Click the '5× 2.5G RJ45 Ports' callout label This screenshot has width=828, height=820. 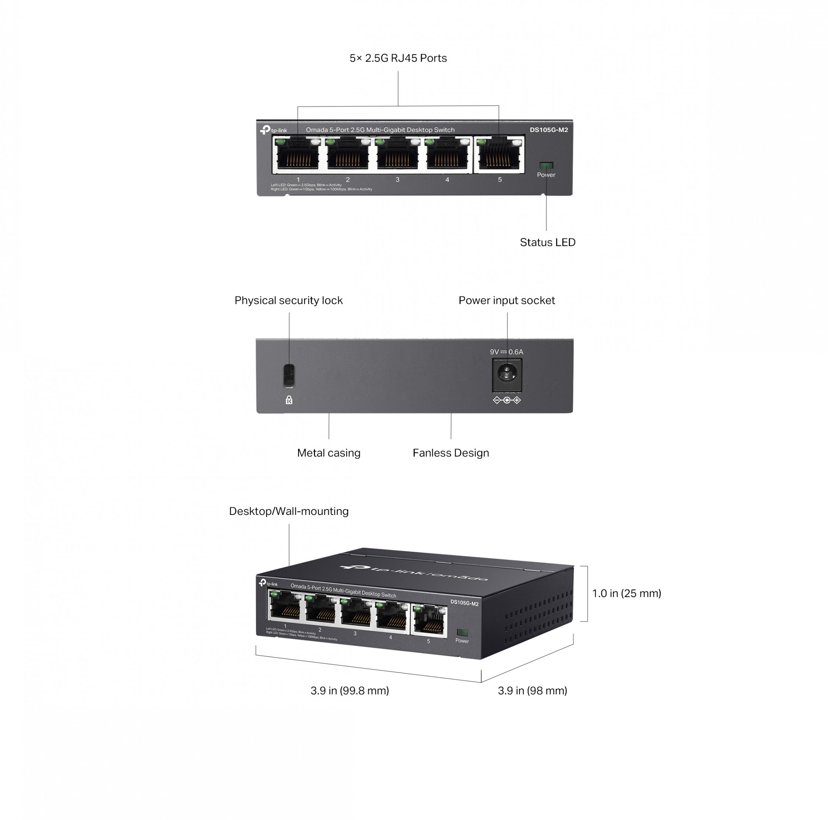[x=398, y=58]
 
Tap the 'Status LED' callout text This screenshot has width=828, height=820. [x=547, y=242]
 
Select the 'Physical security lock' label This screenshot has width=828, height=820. [x=288, y=300]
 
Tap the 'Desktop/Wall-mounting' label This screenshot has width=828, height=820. [x=288, y=511]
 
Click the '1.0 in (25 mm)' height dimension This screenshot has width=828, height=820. [x=626, y=593]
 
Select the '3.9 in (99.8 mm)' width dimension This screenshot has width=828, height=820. [x=349, y=691]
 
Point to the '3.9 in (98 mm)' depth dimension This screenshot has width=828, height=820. [x=532, y=691]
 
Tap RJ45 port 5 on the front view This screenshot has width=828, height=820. [x=499, y=155]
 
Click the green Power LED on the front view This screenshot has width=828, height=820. [x=546, y=165]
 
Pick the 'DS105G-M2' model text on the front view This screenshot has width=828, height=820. [x=548, y=130]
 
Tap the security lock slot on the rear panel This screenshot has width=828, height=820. [x=289, y=375]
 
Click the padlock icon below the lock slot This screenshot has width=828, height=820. [x=289, y=400]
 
